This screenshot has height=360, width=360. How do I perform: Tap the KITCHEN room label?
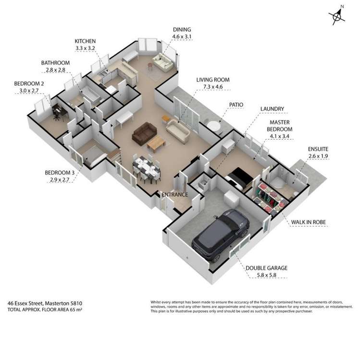pyautogui.click(x=85, y=41)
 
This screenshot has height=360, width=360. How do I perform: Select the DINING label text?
pyautogui.click(x=182, y=29)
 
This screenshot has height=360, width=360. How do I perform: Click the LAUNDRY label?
pyautogui.click(x=272, y=109)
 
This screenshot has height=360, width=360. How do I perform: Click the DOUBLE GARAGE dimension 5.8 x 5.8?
pyautogui.click(x=266, y=276)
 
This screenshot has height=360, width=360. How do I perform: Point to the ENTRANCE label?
pyautogui.click(x=174, y=194)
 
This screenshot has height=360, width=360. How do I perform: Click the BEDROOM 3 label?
pyautogui.click(x=60, y=172)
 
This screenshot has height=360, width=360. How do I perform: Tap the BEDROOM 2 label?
pyautogui.click(x=29, y=83)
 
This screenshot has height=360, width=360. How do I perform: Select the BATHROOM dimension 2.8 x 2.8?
pyautogui.click(x=55, y=70)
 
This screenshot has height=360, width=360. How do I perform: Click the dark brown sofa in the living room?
pyautogui.click(x=144, y=132)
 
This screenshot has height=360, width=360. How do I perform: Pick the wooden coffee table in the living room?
pyautogui.click(x=157, y=142)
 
